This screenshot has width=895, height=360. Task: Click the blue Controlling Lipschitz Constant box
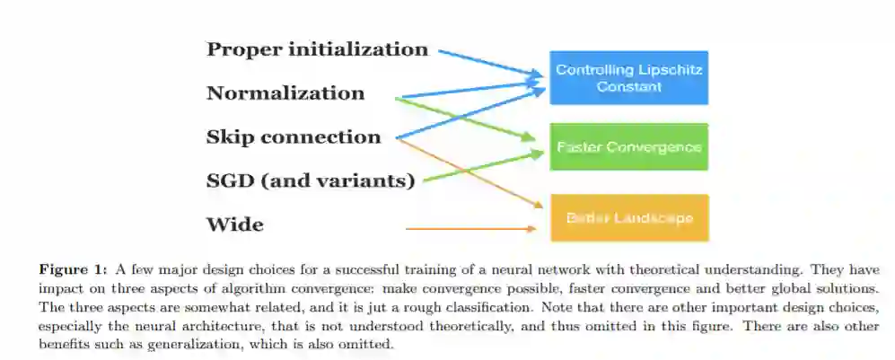click(x=628, y=77)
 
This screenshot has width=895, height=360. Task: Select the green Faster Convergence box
click(x=628, y=146)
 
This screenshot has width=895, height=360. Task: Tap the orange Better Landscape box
click(x=628, y=217)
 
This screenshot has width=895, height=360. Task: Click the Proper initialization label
click(x=317, y=49)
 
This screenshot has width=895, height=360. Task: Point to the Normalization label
click(x=285, y=93)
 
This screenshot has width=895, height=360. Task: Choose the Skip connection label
click(x=294, y=137)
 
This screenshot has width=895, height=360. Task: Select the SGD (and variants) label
click(x=311, y=181)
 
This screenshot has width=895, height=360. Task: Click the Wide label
click(x=235, y=224)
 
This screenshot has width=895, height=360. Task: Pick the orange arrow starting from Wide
click(x=470, y=229)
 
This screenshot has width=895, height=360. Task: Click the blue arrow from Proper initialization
click(x=494, y=62)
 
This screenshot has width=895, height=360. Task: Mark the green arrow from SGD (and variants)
click(x=485, y=166)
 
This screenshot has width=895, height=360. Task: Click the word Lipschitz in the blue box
click(x=667, y=69)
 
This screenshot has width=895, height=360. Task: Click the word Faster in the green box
click(x=577, y=147)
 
